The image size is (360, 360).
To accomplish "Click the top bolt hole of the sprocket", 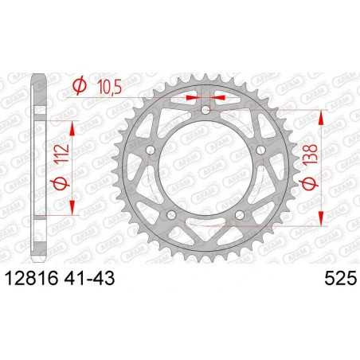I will point(205,110).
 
